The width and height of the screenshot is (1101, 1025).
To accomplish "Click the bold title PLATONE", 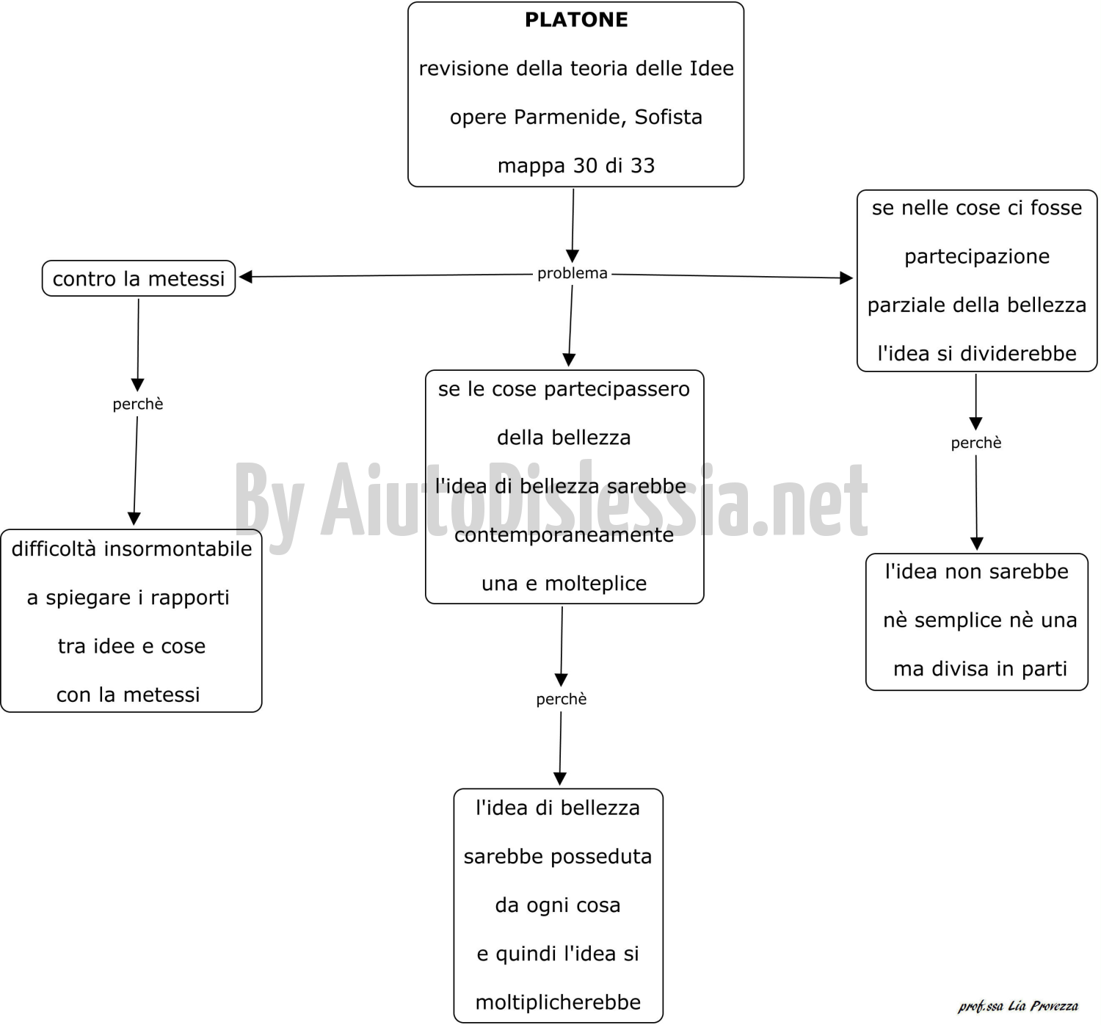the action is coord(576,20).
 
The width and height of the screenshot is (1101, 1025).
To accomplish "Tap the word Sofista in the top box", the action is coord(668,117).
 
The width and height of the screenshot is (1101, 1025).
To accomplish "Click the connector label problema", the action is coord(572,273).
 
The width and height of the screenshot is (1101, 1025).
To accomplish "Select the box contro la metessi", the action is coord(139,278).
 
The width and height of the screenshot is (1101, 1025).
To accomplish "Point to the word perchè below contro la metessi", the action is coord(137,404).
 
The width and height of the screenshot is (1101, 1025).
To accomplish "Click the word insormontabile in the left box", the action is coord(178,549).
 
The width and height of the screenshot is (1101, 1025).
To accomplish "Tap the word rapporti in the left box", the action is coord(189,598).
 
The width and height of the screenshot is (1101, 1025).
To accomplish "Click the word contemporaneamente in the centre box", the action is coord(564,535).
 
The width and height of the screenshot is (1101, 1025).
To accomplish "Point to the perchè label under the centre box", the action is coord(561,699).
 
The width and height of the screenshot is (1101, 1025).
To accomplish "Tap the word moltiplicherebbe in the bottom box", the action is coord(558,1002).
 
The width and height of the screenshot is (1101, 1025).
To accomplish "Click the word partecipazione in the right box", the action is coord(977,257).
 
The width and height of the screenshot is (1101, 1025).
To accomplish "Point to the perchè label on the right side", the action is coord(975,443).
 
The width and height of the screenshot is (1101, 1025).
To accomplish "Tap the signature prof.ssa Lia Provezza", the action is coord(1018,1006).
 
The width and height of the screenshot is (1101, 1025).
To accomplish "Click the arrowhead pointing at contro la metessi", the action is coord(246,277).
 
